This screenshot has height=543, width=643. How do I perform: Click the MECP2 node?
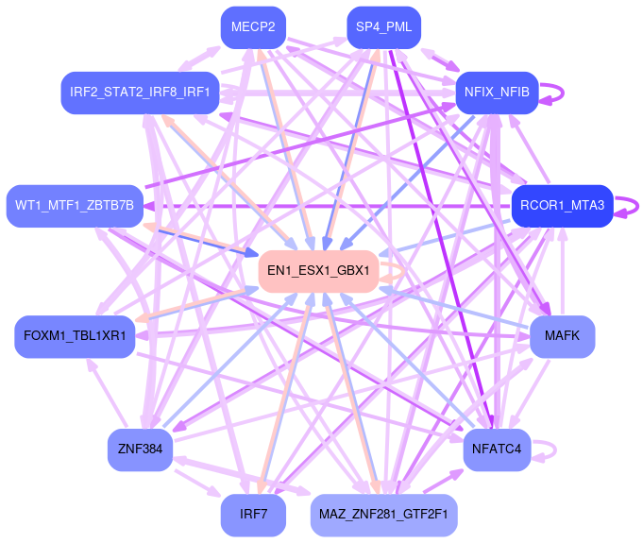(253, 26)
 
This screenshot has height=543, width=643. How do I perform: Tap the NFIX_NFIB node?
(497, 92)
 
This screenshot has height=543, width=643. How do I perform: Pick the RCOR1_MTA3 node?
(563, 204)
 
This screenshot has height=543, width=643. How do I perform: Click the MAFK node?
(562, 336)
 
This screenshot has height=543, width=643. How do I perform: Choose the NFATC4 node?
(497, 449)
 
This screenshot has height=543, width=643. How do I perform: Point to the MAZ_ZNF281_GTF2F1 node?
(383, 515)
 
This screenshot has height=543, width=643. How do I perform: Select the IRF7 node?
(253, 515)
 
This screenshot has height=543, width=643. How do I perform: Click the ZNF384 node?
(141, 449)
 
